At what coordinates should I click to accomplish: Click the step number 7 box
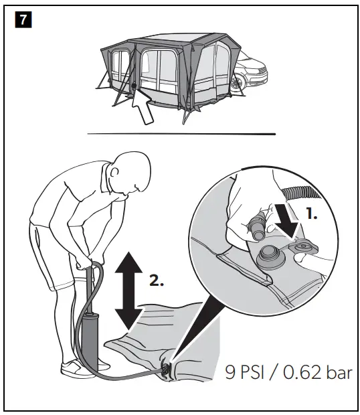click(23, 20)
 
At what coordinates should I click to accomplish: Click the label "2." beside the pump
click(155, 282)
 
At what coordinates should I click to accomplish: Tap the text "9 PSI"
click(247, 373)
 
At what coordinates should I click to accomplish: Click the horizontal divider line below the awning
click(181, 134)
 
